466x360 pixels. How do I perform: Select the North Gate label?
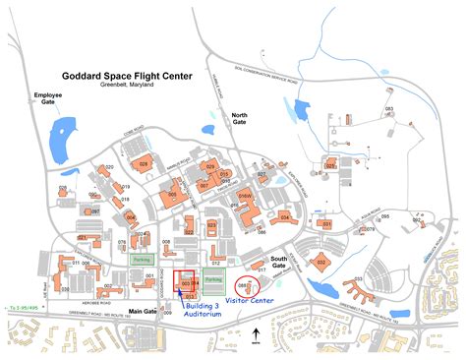pyautogui.click(x=239, y=118)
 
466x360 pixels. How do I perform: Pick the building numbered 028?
pyautogui.click(x=146, y=165)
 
